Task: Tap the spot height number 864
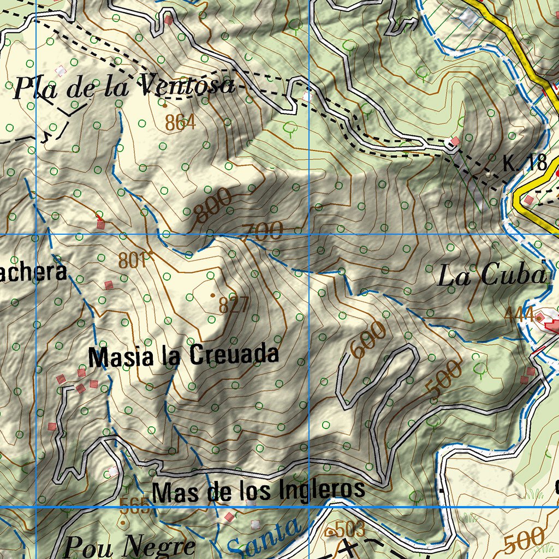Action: [x=180, y=123]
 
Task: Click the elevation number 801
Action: [x=133, y=260]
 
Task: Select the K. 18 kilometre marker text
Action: [x=525, y=163]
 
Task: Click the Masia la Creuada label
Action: [x=183, y=356]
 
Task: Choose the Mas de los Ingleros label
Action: [x=258, y=490]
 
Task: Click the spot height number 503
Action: [x=349, y=529]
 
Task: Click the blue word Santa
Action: [x=264, y=538]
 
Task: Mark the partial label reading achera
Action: [x=33, y=271]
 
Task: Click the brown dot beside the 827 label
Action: [x=212, y=295]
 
